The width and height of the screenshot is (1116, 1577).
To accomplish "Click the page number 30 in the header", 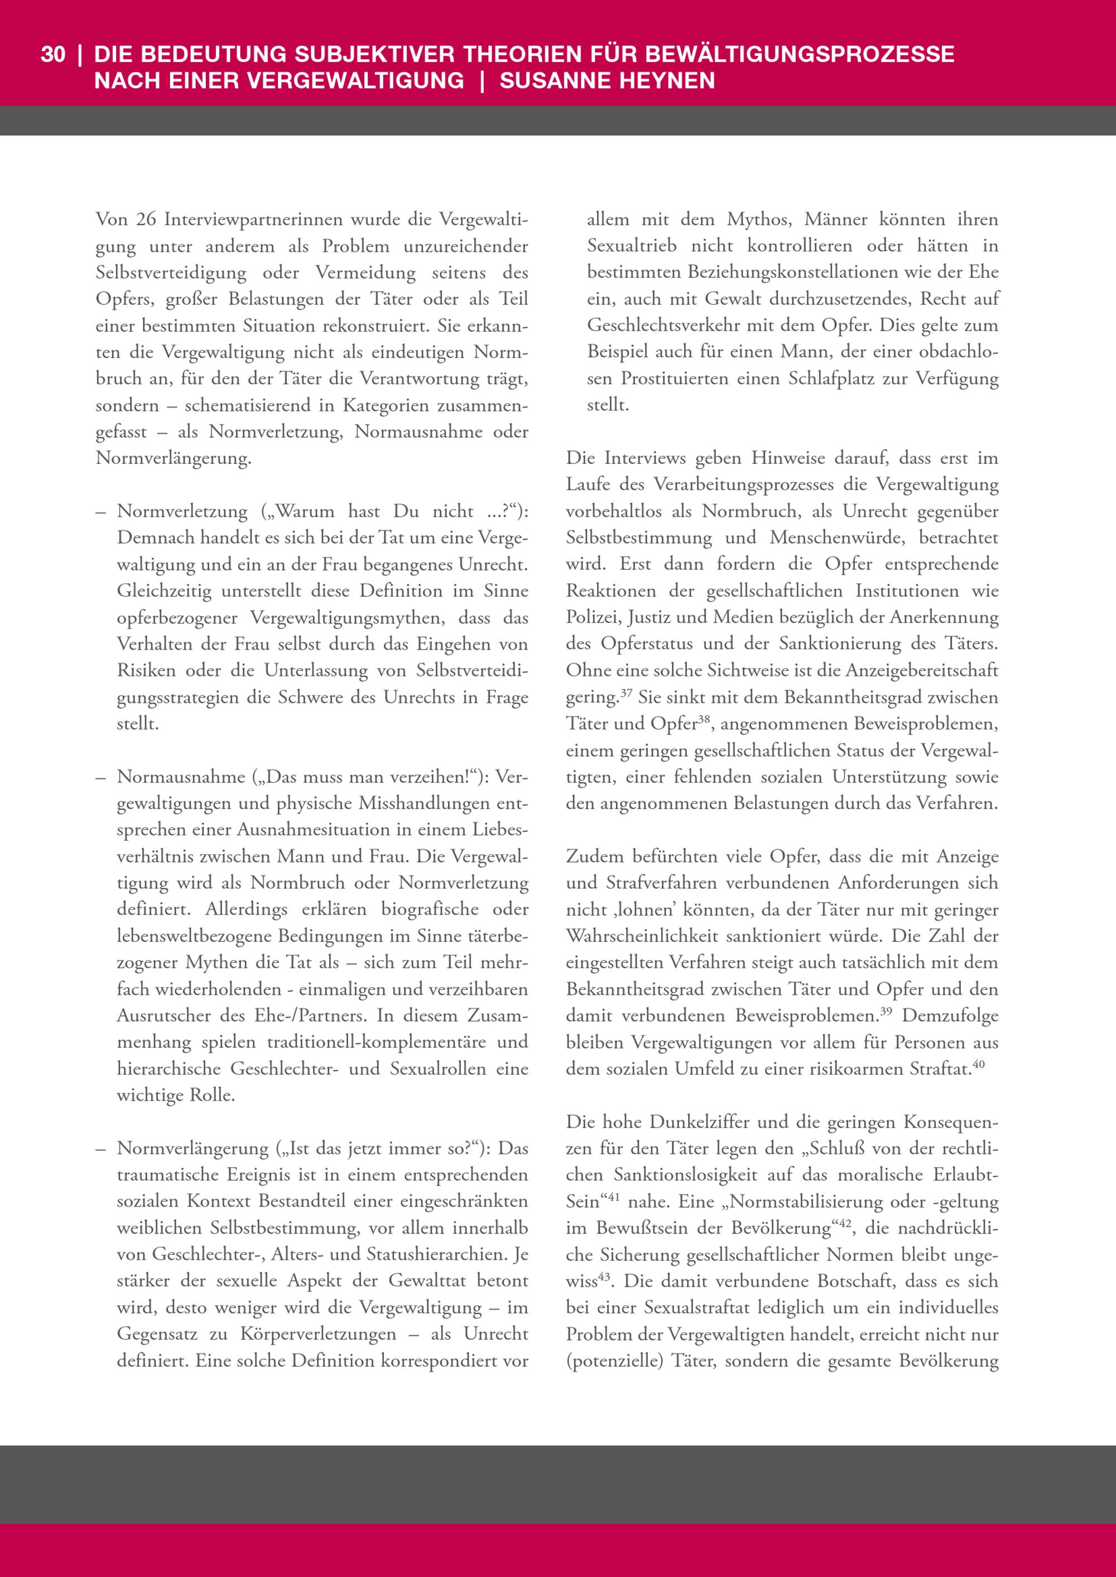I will tap(53, 54).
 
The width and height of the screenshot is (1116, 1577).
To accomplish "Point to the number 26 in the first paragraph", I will tap(146, 220).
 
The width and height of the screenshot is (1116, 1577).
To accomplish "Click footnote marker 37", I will tap(626, 693).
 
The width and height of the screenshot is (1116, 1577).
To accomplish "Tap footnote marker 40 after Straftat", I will tap(979, 1065).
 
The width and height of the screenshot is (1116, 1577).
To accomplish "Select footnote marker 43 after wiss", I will tap(604, 1277).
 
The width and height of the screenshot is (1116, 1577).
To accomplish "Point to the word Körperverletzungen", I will tap(318, 1334).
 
